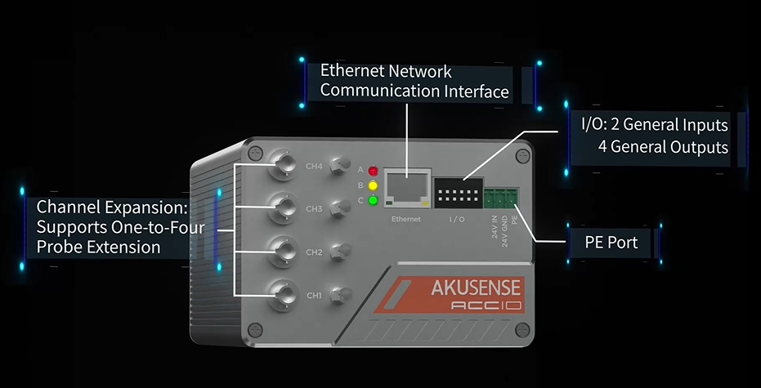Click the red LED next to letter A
374,171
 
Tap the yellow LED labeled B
374,185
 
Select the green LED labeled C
374,201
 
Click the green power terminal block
501,198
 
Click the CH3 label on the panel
315,210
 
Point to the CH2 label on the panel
315,252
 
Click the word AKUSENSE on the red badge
477,288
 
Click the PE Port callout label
611,243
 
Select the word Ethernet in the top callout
351,70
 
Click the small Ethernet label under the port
405,220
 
